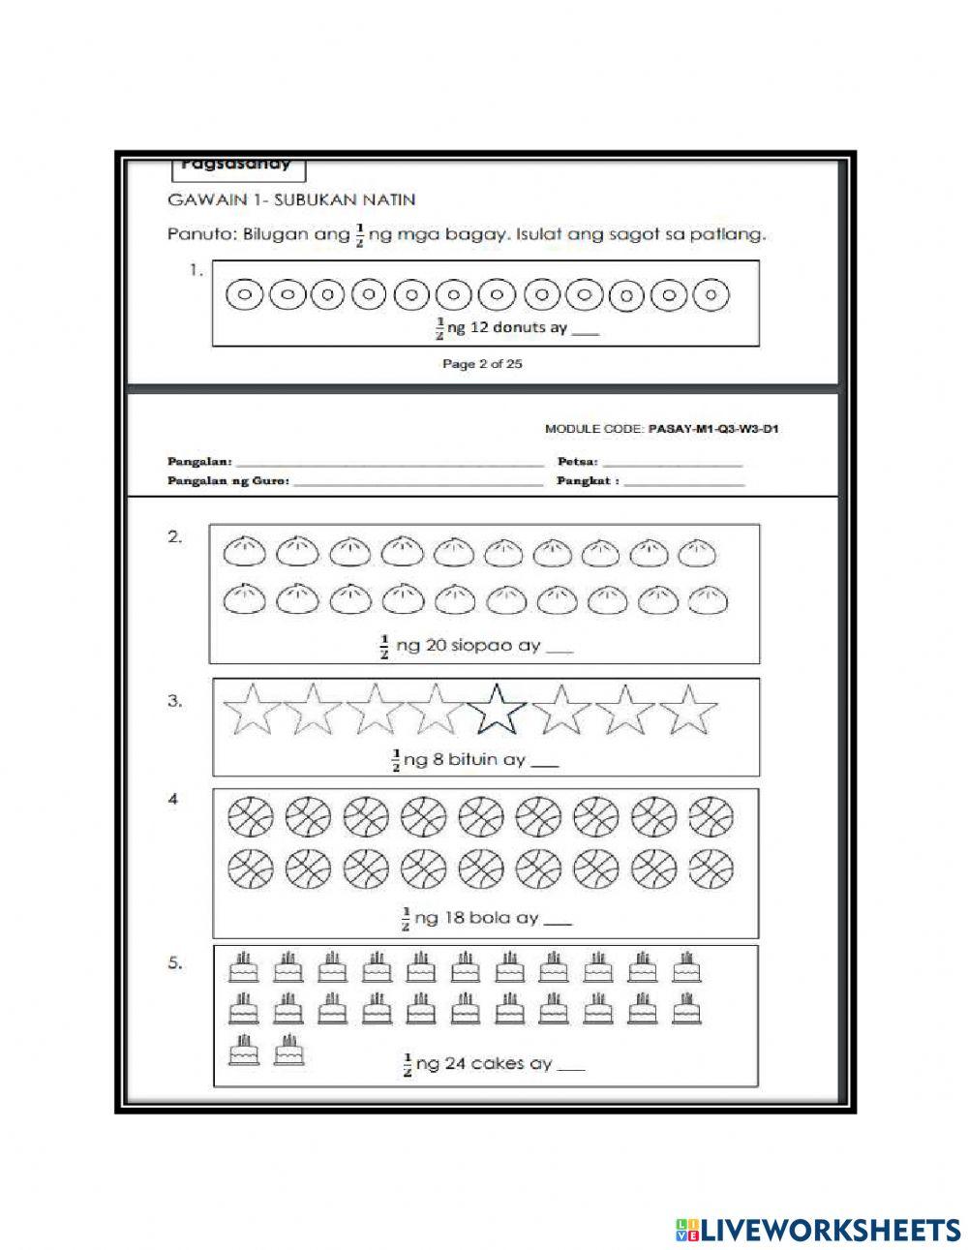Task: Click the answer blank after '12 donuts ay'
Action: pos(586,330)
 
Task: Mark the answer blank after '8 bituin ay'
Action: pos(545,762)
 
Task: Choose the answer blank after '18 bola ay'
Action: pos(559,920)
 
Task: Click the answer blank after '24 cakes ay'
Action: pos(571,1066)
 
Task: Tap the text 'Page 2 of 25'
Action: pos(482,365)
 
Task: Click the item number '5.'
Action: pos(175,964)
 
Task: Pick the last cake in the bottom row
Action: pos(287,1051)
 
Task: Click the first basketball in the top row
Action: pos(245,817)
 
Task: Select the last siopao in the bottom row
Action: pos(708,601)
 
